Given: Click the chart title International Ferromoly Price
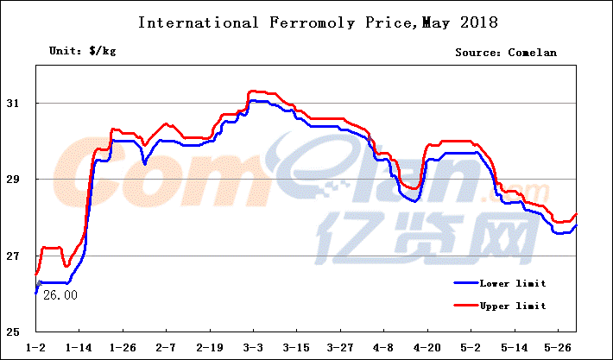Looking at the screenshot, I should click(x=306, y=22).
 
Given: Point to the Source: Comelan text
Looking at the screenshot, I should click(x=506, y=53).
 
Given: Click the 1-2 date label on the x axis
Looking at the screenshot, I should click(x=36, y=349).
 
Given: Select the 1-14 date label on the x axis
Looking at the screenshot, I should click(x=79, y=349).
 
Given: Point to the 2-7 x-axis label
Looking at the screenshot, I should click(x=166, y=349).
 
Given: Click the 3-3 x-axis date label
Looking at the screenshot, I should click(x=253, y=349).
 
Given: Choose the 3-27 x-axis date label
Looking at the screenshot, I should click(x=339, y=349).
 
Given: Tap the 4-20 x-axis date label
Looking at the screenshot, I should click(x=427, y=349).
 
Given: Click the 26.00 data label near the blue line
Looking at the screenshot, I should click(x=60, y=295).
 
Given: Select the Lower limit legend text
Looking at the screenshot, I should click(x=513, y=283).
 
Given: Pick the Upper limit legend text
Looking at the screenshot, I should click(x=513, y=306).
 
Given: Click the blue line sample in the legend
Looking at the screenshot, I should click(x=466, y=282).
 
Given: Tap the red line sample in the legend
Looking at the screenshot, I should click(x=466, y=305).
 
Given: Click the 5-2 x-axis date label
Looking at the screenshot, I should click(x=470, y=349).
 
